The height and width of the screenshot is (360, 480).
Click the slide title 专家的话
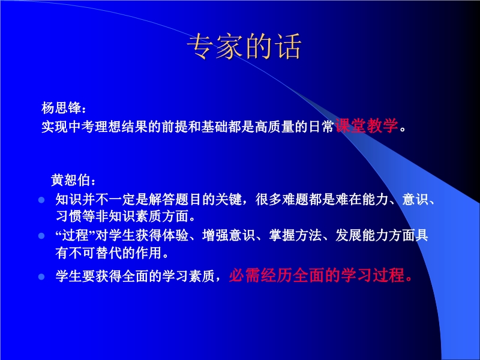(244, 47)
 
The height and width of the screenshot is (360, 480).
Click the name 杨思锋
(61, 108)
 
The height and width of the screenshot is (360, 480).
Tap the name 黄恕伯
(70, 180)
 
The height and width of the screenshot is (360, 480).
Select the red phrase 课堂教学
(367, 125)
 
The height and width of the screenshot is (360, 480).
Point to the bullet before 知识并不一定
(41, 200)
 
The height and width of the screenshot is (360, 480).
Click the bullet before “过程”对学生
(41, 236)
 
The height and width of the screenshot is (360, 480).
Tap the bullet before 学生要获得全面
(41, 277)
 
